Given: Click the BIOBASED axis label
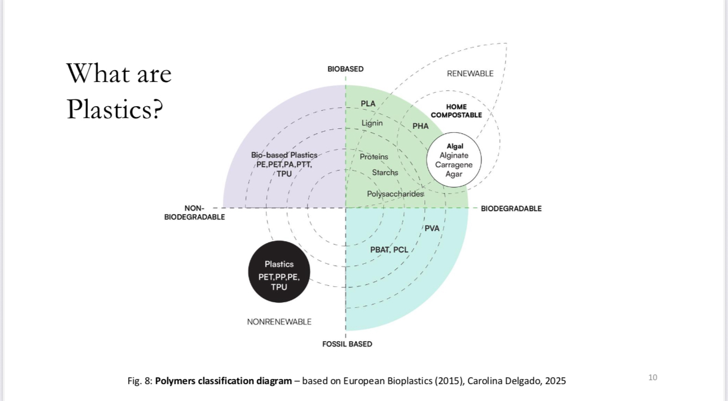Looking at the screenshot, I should (345, 69).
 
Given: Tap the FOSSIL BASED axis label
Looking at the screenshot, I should (347, 344).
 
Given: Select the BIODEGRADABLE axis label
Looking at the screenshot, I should (511, 208).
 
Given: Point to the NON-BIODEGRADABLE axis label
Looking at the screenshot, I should (195, 212).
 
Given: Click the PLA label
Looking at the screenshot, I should (368, 103).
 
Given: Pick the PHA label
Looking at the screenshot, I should (420, 126).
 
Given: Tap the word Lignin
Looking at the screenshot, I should (372, 123).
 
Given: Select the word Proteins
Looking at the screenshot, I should (374, 156).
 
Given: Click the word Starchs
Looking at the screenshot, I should (385, 172).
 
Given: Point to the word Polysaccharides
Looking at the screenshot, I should (395, 194).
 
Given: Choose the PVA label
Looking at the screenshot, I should (432, 228).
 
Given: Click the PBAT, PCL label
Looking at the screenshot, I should (389, 250).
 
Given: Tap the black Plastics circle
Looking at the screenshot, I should (279, 272).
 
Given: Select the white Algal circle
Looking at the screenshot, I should (454, 160).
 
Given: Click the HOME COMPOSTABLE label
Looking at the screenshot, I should (456, 111).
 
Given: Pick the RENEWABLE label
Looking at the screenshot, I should (470, 73).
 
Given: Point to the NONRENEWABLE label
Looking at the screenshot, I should (279, 322).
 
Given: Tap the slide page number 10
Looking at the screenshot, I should (652, 377).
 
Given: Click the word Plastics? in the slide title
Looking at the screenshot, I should (115, 108).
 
